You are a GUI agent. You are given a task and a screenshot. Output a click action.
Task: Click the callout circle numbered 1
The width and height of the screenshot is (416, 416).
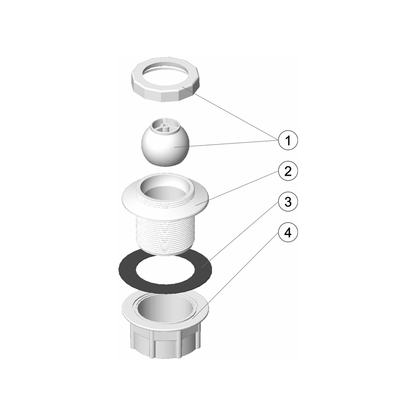pos(288,140)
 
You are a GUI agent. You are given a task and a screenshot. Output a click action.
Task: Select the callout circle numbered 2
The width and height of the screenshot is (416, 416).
pos(288,171)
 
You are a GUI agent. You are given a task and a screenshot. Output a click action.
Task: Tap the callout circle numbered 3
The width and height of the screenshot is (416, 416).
pos(288,202)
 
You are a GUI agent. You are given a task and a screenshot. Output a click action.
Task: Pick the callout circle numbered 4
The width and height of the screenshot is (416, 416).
pos(288,232)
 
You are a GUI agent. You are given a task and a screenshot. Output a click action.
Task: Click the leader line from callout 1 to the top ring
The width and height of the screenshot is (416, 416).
pos(231,113)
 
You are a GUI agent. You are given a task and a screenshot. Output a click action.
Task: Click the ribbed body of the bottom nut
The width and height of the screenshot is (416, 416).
pos(164,342)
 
